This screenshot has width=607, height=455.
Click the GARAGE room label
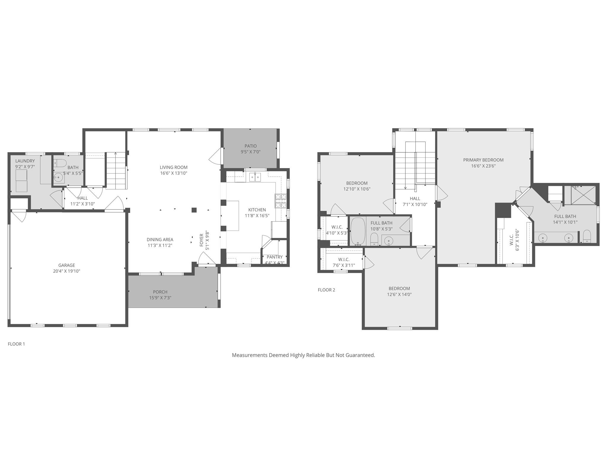tap(66, 265)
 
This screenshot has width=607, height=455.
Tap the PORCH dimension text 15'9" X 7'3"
tap(160, 298)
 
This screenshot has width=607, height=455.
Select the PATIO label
tap(251, 146)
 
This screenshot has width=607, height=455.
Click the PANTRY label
tap(275, 257)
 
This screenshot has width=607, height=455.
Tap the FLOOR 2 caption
tap(326, 290)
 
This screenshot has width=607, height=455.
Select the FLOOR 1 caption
tap(16, 344)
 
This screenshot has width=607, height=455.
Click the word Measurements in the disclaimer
tap(249, 355)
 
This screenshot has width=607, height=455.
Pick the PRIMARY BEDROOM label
tap(483, 160)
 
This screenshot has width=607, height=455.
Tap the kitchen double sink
tap(255, 178)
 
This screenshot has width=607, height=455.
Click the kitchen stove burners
tap(281, 201)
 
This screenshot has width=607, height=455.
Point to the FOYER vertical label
tap(202, 240)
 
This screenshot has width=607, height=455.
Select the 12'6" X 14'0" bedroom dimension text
tap(399, 294)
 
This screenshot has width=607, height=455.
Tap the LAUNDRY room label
tap(25, 161)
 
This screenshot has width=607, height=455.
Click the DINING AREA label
tap(160, 240)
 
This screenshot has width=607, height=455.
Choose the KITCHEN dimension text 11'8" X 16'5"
tap(257, 215)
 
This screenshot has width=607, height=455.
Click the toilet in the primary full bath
tap(587, 236)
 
